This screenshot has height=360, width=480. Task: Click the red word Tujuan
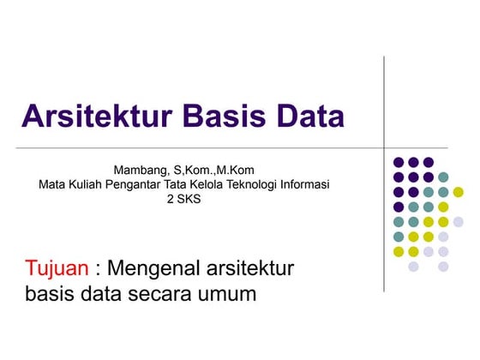click(x=57, y=269)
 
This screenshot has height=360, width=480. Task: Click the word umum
click(x=225, y=295)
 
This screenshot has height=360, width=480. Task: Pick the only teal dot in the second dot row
click(x=443, y=177)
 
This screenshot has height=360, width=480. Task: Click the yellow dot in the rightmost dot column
click(x=458, y=192)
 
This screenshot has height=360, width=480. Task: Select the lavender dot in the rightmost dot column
click(x=458, y=222)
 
